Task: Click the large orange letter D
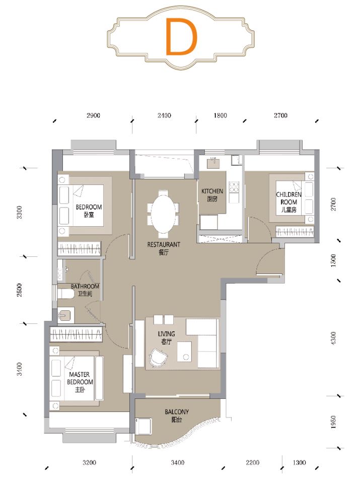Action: pyautogui.click(x=181, y=37)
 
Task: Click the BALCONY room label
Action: pyautogui.click(x=177, y=416)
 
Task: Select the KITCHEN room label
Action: pyautogui.click(x=212, y=195)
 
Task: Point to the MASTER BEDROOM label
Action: pyautogui.click(x=80, y=382)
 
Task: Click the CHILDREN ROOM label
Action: pyautogui.click(x=289, y=202)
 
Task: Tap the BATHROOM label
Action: pyautogui.click(x=85, y=290)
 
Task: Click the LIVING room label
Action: pyautogui.click(x=167, y=337)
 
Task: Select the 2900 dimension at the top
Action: pyautogui.click(x=93, y=115)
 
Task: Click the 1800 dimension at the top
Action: pyautogui.click(x=220, y=115)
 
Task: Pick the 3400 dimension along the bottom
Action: pyautogui.click(x=177, y=462)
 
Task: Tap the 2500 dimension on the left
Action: pyautogui.click(x=19, y=290)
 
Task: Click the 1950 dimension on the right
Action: pyautogui.click(x=333, y=422)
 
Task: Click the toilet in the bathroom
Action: pyautogui.click(x=65, y=294)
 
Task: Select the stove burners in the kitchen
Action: pyautogui.click(x=234, y=187)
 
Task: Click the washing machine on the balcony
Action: pyautogui.click(x=143, y=426)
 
